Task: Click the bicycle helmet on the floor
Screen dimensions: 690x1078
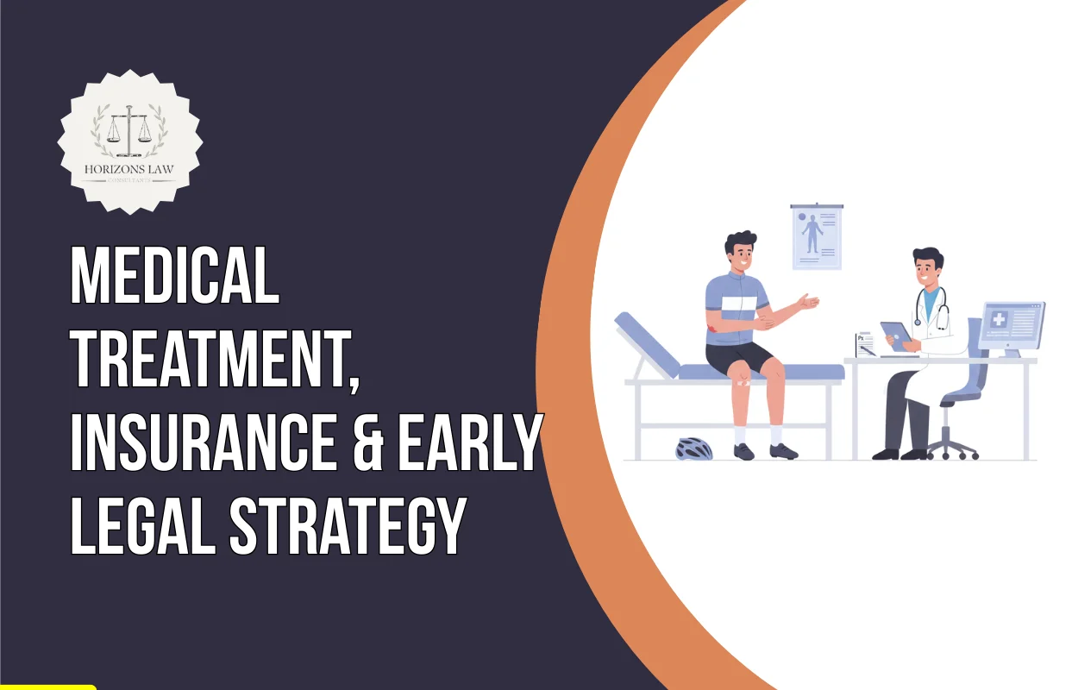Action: tap(693, 448)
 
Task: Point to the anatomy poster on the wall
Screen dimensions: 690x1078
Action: tap(816, 235)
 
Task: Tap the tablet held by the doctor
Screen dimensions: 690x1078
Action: tap(896, 335)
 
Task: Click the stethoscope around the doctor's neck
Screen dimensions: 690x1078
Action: tap(940, 310)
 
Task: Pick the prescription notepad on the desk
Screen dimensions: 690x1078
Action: tap(864, 344)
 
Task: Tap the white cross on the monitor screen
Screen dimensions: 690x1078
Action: tap(999, 319)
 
